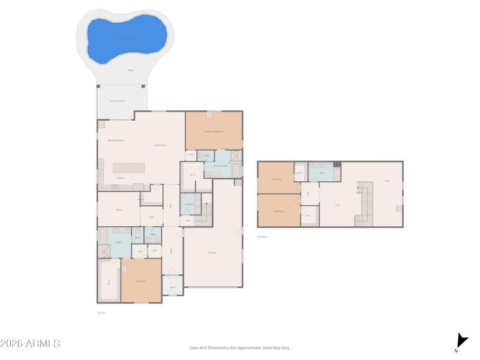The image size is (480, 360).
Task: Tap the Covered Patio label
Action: (118, 101)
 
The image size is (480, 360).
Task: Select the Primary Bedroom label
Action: (214, 131)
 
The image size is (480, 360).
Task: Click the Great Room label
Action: (160, 145)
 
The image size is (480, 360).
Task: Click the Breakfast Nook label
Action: (116, 140)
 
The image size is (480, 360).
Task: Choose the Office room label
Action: (119, 210)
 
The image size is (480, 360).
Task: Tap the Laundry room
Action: (188, 204)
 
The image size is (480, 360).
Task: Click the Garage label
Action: (212, 253)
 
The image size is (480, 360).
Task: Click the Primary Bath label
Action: (220, 166)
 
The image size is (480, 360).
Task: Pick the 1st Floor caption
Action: (101, 313)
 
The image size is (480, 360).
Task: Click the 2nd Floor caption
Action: (262, 237)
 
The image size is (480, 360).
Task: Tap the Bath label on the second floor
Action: (322, 173)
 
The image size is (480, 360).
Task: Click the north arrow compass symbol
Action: (460, 342)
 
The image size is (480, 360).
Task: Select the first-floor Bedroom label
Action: (141, 281)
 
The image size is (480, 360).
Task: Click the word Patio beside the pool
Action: (131, 70)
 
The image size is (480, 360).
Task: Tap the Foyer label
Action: (171, 251)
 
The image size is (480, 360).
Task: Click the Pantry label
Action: (140, 199)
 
